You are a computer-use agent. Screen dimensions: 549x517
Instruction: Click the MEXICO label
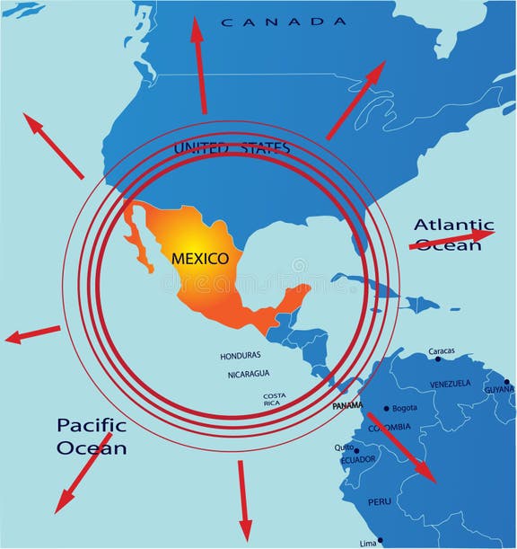200,258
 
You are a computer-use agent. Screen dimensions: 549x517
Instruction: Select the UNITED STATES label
232,147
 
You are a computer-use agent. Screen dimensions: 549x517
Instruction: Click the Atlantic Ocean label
452,235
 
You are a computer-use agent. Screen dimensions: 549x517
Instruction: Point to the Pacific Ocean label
92,436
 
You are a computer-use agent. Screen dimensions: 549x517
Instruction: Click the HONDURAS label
241,356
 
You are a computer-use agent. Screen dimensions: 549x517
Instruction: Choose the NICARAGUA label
249,374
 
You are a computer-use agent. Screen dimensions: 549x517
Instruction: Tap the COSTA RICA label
275,400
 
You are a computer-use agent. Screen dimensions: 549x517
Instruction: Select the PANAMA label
347,406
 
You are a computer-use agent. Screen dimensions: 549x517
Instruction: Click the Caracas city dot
438,359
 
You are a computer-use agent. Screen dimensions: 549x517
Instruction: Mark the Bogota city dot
387,407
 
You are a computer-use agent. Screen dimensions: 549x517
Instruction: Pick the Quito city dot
356,450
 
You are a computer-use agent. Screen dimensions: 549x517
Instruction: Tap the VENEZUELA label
450,384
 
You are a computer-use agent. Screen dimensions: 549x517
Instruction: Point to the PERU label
380,501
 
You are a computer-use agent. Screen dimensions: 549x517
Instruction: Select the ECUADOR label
357,460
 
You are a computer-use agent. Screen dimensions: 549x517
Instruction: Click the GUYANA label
499,389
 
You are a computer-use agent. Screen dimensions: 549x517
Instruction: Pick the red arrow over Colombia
400,447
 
